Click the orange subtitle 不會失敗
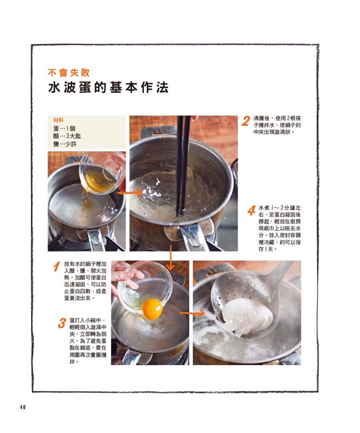point(69,72)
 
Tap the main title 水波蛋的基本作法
point(108,87)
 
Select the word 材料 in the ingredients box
point(58,120)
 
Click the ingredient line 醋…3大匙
point(67,136)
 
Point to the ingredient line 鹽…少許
point(65,144)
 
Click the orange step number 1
point(56,267)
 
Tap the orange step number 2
point(245,121)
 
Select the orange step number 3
point(62,323)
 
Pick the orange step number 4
point(251,211)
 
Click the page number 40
point(23,407)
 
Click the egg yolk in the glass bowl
point(152,309)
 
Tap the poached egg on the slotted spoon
point(247,317)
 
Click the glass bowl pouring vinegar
point(101,173)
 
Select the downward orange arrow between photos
point(171,257)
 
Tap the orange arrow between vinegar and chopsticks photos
point(130,193)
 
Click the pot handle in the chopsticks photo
point(194,237)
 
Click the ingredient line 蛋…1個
point(65,129)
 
